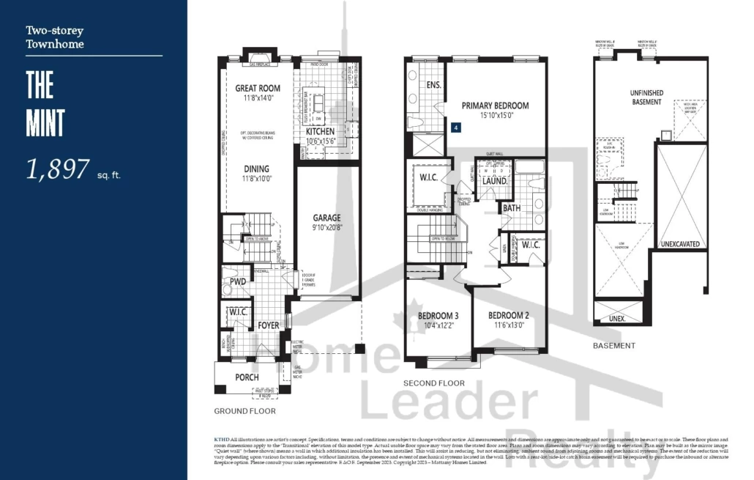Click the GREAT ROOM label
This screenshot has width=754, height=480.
(258, 89)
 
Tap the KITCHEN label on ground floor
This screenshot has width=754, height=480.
(320, 131)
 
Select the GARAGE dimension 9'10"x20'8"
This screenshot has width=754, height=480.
(328, 228)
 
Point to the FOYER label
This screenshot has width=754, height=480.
(268, 325)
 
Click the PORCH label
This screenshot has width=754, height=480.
(247, 377)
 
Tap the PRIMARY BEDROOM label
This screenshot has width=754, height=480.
(495, 106)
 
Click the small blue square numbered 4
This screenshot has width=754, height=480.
(456, 128)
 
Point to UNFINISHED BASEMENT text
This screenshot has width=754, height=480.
(646, 97)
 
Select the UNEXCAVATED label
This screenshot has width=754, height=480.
(680, 244)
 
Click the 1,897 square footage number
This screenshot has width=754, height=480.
(58, 170)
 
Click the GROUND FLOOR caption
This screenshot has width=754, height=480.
(245, 411)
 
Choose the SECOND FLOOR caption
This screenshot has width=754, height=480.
(434, 383)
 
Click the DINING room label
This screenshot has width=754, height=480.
(256, 169)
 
